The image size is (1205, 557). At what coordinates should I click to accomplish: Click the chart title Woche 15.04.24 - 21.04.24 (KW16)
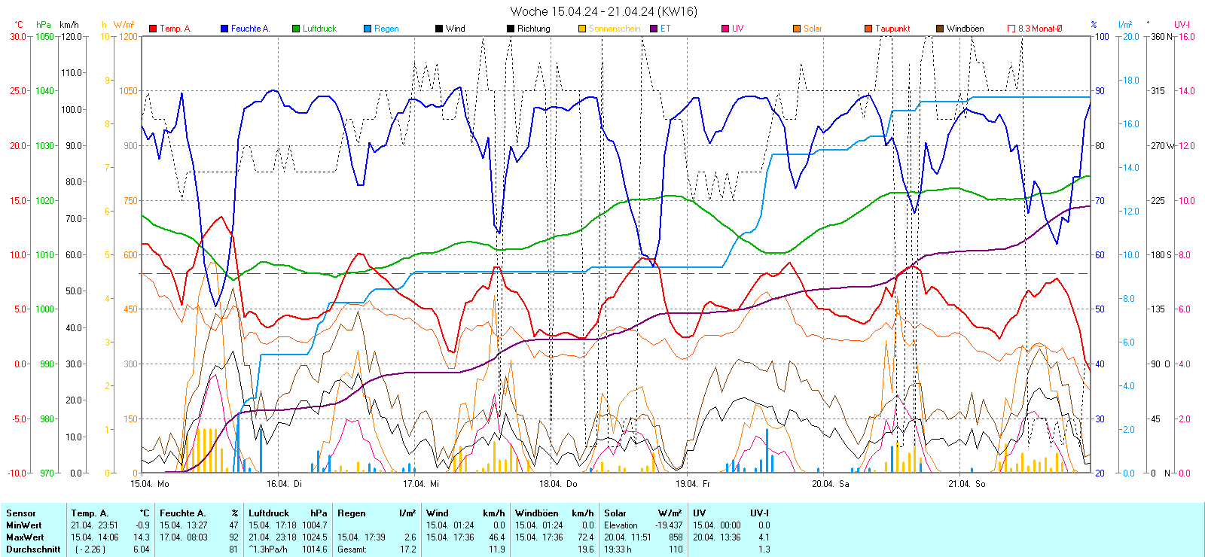coord(603,11)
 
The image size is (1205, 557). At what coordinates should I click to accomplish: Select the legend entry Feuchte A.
coord(249,29)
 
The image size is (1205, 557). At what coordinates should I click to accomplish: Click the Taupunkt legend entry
coord(892,29)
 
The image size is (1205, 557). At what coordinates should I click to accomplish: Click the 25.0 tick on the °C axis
coord(18,91)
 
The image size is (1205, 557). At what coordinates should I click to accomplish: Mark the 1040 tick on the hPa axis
coord(45,91)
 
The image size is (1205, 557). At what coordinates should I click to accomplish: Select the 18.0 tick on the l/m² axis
coord(1130,81)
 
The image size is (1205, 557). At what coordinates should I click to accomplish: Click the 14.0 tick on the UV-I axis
coord(1186,91)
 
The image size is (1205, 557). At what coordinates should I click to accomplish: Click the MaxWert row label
coord(25,537)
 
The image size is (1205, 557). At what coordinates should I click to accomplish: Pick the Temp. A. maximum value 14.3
coord(142,537)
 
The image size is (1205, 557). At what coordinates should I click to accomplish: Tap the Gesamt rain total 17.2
coord(407,549)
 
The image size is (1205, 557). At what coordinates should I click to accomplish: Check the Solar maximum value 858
coord(676,537)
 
